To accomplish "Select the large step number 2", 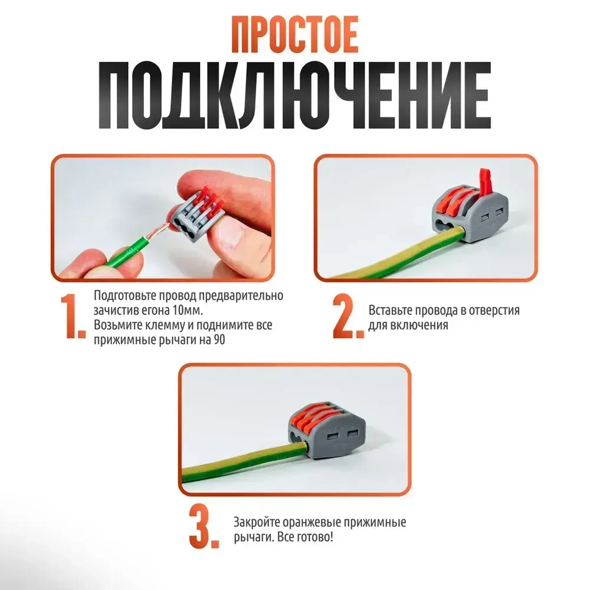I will (348, 319).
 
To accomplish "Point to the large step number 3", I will (204, 525).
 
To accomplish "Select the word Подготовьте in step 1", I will (129, 295).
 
